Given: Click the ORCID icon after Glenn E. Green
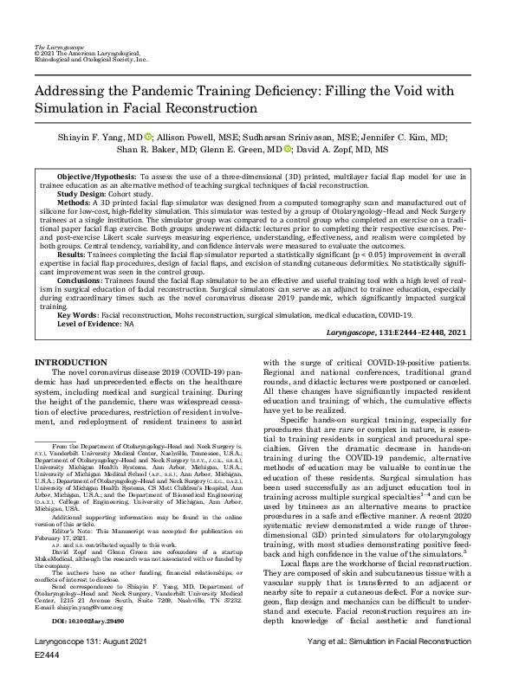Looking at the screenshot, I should [289, 149].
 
